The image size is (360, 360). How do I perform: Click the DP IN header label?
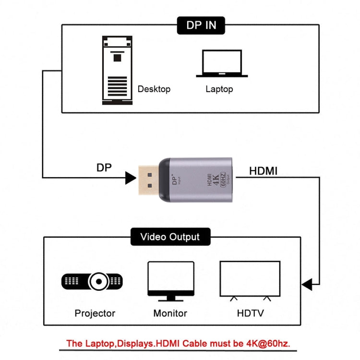click(x=201, y=25)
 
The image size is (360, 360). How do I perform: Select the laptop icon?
click(x=222, y=64)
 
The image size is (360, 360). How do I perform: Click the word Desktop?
click(x=154, y=89)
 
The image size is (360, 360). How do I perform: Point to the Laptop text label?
click(x=219, y=89)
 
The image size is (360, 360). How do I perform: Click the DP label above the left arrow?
click(x=105, y=167)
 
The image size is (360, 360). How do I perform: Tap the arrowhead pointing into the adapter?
click(x=130, y=178)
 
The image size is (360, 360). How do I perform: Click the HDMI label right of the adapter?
click(x=263, y=170)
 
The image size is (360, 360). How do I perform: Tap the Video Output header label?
click(x=169, y=237)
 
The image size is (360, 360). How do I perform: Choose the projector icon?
click(x=92, y=280)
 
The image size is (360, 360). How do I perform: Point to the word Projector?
click(x=95, y=313)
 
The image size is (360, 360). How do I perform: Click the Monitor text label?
click(x=170, y=313)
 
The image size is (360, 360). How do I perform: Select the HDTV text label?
click(x=250, y=313)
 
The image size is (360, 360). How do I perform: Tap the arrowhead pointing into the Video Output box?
click(x=307, y=284)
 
